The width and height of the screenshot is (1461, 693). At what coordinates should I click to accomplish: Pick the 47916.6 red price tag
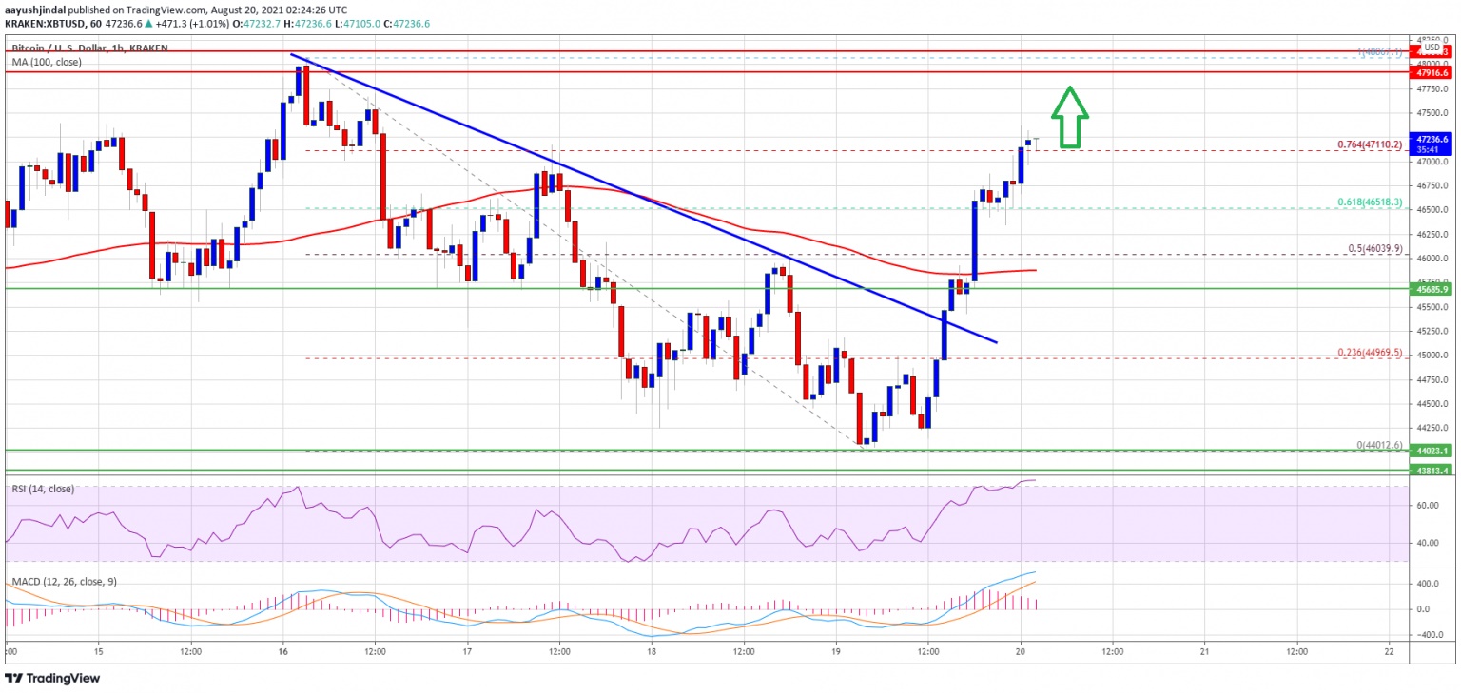(1432, 72)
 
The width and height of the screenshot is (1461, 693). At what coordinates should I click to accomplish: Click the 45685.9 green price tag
(1432, 289)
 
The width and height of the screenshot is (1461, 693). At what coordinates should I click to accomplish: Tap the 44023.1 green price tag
(1432, 451)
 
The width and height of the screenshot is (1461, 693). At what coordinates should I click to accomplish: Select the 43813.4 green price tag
(1432, 470)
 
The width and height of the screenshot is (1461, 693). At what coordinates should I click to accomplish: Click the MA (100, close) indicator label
(46, 62)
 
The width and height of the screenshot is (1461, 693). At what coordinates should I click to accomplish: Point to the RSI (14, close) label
(44, 490)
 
